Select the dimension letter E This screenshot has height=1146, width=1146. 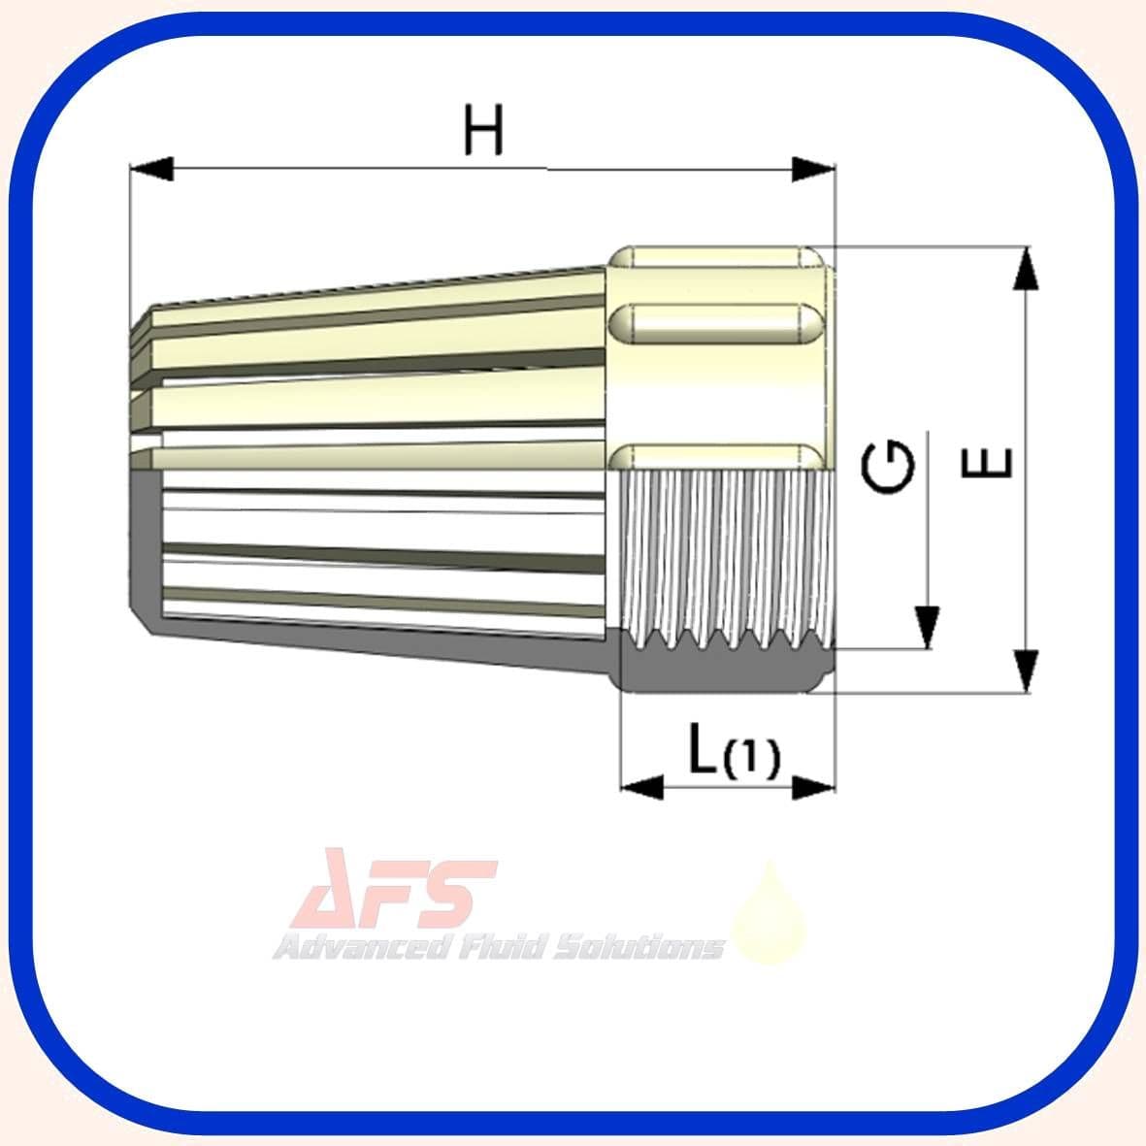[x=987, y=463]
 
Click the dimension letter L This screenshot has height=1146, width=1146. [x=703, y=750]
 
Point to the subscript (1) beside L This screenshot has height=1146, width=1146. [x=751, y=760]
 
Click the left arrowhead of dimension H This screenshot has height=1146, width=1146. [x=151, y=169]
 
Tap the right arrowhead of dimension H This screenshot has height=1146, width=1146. [x=813, y=169]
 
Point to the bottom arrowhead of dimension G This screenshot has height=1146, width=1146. [x=929, y=627]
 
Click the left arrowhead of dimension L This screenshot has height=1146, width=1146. [x=641, y=787]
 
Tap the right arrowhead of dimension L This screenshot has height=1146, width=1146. [x=813, y=787]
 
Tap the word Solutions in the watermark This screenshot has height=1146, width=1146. [x=639, y=946]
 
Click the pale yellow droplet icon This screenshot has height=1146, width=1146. [x=769, y=917]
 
